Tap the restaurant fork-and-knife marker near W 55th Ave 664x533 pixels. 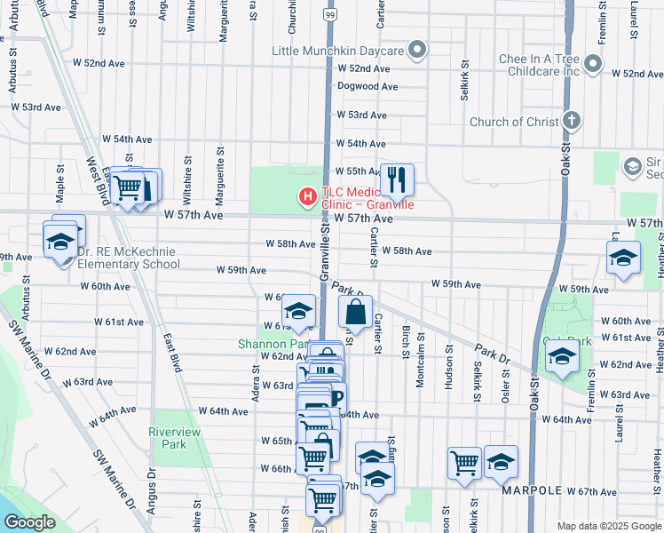[x=397, y=180]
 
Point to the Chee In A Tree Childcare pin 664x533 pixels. [x=593, y=64]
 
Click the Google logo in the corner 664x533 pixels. [x=30, y=522]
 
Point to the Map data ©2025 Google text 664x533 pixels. [x=608, y=526]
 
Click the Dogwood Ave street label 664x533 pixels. [x=367, y=87]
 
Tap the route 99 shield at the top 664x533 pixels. [x=329, y=15]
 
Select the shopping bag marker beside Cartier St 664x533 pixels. [x=354, y=313]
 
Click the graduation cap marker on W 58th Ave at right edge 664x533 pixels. [x=623, y=258]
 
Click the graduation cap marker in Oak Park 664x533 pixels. [x=563, y=357]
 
